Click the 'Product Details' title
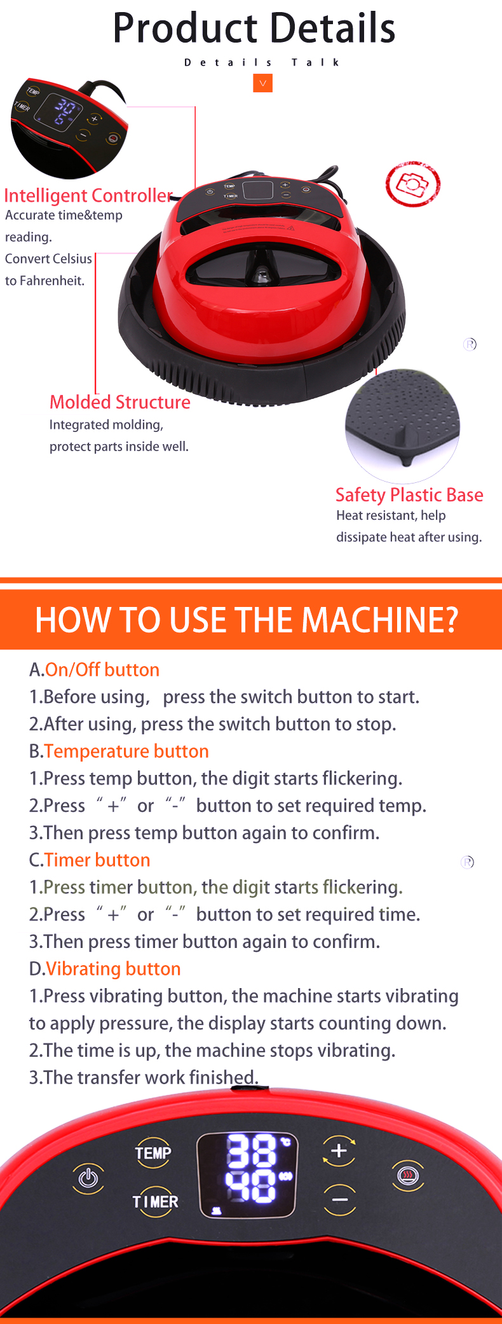coord(254,28)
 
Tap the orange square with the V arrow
coord(262,83)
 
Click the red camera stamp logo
coord(412,184)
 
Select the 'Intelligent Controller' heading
coord(88,195)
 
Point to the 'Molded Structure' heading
coord(120,402)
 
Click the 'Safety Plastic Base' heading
coord(409,495)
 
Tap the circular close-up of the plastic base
coord(402,425)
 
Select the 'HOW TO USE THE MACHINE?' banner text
coord(247,620)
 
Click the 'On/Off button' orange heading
coord(102,670)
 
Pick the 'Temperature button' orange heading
coord(126,751)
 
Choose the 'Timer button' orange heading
coord(97,860)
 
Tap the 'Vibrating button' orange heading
coord(113,969)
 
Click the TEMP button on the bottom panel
coord(153,1153)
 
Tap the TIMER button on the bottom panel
coord(155,1201)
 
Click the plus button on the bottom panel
coord(339,1150)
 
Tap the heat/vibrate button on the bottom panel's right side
coord(407,1174)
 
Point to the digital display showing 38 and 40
coord(247,1175)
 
